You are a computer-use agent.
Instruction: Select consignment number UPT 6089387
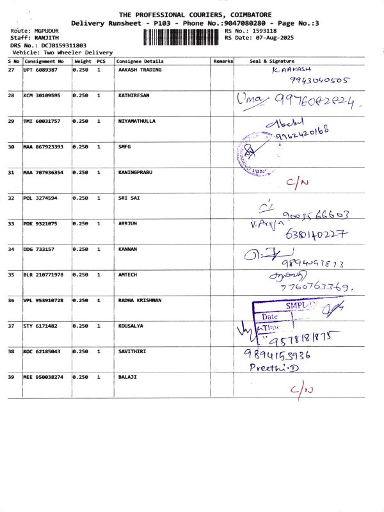point(40,70)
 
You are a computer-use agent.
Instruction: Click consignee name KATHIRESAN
point(134,95)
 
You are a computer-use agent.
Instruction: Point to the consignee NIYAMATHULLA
point(137,121)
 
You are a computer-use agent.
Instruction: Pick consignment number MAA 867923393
point(43,147)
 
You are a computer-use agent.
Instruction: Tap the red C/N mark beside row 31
point(298,183)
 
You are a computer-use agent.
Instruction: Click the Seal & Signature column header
point(273,61)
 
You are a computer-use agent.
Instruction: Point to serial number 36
point(11,300)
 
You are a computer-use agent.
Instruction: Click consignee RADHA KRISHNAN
point(140,300)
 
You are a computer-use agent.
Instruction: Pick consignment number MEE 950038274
point(43,377)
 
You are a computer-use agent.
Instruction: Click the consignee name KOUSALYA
point(131,326)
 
